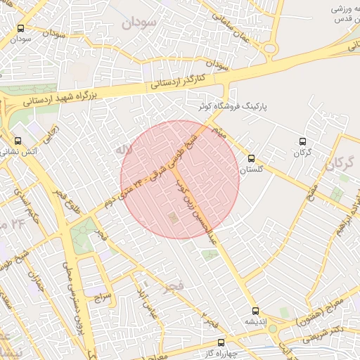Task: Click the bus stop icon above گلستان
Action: point(252,159)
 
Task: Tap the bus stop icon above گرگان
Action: point(302,142)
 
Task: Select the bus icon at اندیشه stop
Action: point(255,310)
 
